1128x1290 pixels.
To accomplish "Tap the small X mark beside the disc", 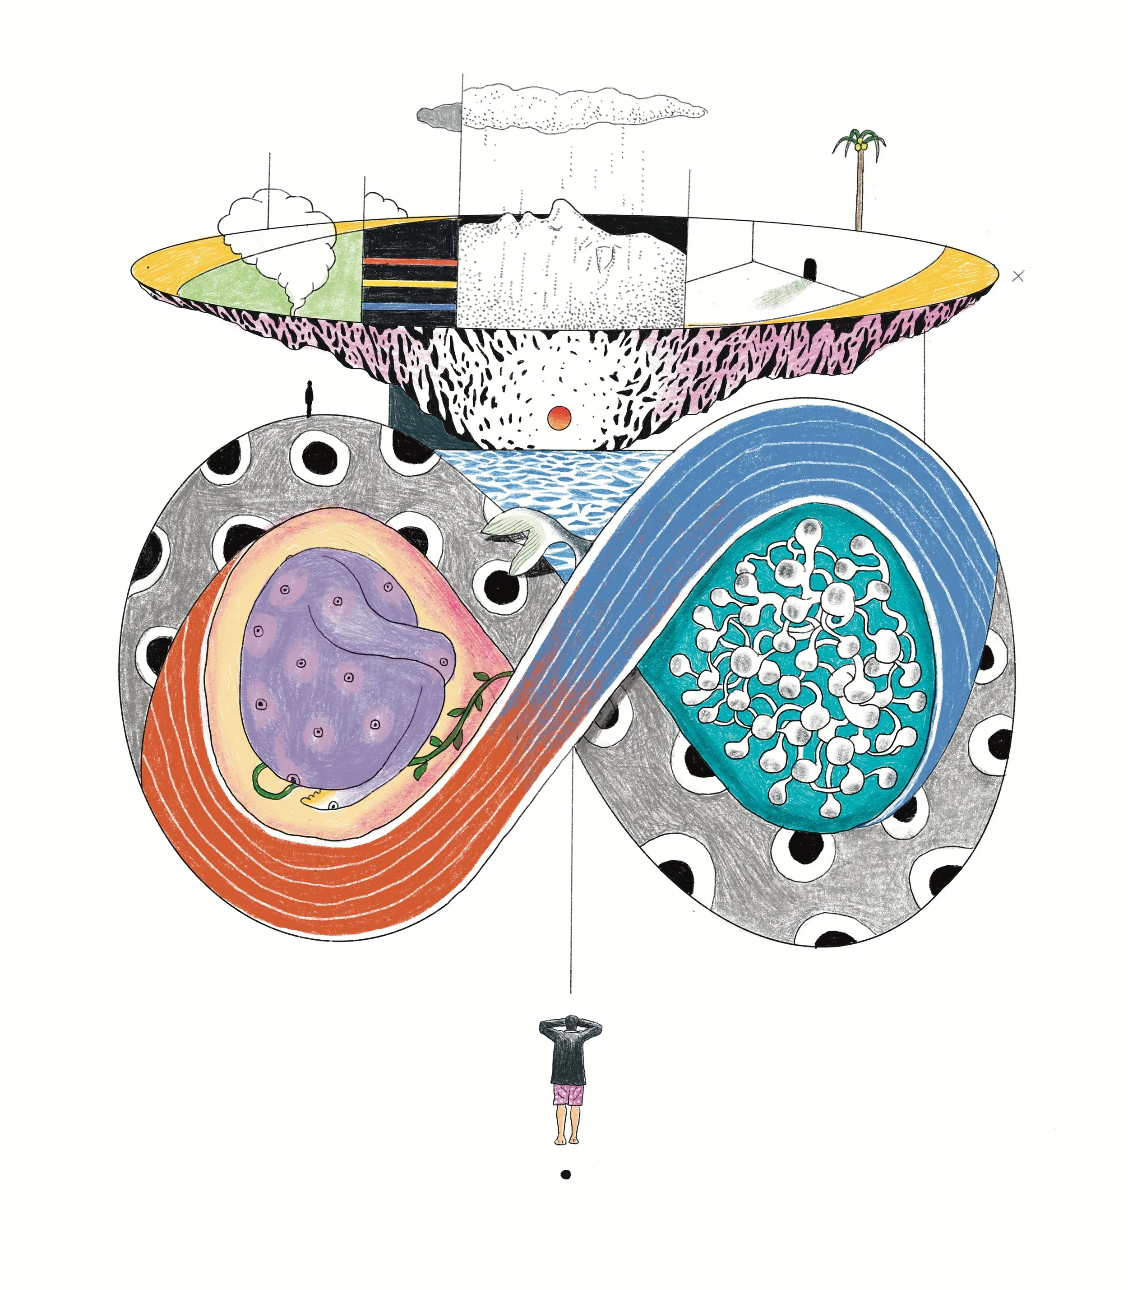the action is pos(1018,276).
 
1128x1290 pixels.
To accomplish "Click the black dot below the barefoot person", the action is pos(565,1174).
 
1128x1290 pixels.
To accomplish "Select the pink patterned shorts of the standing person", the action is pos(569,1095).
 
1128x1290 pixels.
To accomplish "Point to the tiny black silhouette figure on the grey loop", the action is pos(309,398).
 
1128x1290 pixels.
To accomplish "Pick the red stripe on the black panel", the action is pos(409,260).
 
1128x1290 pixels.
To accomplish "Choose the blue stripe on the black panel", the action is pos(409,306).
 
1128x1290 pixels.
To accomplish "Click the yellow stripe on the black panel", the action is pos(409,284).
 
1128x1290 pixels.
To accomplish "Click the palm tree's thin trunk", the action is pos(859,189).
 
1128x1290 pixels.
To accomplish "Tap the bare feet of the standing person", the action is pos(569,1140).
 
